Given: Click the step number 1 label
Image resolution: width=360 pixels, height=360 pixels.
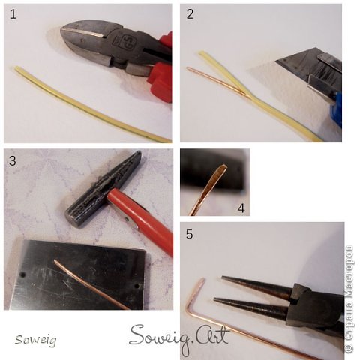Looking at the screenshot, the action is [x=13, y=14].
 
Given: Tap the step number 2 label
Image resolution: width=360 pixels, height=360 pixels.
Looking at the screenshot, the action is [x=190, y=14].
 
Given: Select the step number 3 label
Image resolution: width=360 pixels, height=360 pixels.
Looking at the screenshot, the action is [x=13, y=160].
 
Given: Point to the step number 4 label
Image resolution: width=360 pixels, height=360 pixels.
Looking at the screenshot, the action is [x=241, y=208].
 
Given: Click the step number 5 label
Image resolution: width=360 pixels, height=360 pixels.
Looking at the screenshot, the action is [x=190, y=234].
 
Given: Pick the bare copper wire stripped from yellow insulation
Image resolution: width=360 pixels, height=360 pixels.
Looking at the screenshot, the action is [x=217, y=81].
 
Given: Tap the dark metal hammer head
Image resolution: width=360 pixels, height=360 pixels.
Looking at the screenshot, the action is [x=103, y=189].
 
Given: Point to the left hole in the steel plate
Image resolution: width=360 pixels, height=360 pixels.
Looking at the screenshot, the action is [x=22, y=274].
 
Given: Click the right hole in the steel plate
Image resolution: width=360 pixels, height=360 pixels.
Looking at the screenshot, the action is [x=136, y=285].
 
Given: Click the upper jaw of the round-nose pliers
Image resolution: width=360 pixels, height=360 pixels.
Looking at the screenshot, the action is [x=257, y=286].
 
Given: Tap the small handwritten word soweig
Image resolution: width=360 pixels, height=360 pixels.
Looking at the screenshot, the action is [x=36, y=340].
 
